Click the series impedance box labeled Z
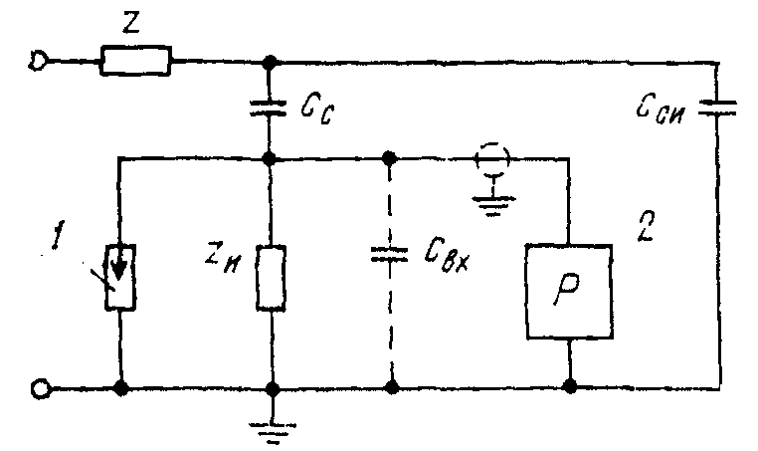pyautogui.click(x=135, y=61)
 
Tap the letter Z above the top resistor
pyautogui.click(x=130, y=23)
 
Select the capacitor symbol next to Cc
pyautogui.click(x=269, y=108)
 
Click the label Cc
pyautogui.click(x=316, y=110)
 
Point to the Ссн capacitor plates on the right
pyautogui.click(x=718, y=109)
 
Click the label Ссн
pyautogui.click(x=660, y=112)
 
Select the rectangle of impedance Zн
pyautogui.click(x=271, y=278)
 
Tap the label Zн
pyautogui.click(x=222, y=260)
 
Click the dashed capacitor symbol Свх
pyautogui.click(x=390, y=255)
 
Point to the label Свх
pyautogui.click(x=448, y=257)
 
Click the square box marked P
pyautogui.click(x=569, y=292)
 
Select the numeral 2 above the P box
pyautogui.click(x=645, y=226)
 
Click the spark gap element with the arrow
pyautogui.click(x=120, y=277)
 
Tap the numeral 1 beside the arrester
pyautogui.click(x=58, y=237)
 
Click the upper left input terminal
pyautogui.click(x=37, y=62)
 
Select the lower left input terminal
pyautogui.click(x=40, y=388)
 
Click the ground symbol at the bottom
pyautogui.click(x=273, y=433)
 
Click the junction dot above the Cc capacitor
pyautogui.click(x=270, y=62)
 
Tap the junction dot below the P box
pyautogui.click(x=571, y=386)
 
